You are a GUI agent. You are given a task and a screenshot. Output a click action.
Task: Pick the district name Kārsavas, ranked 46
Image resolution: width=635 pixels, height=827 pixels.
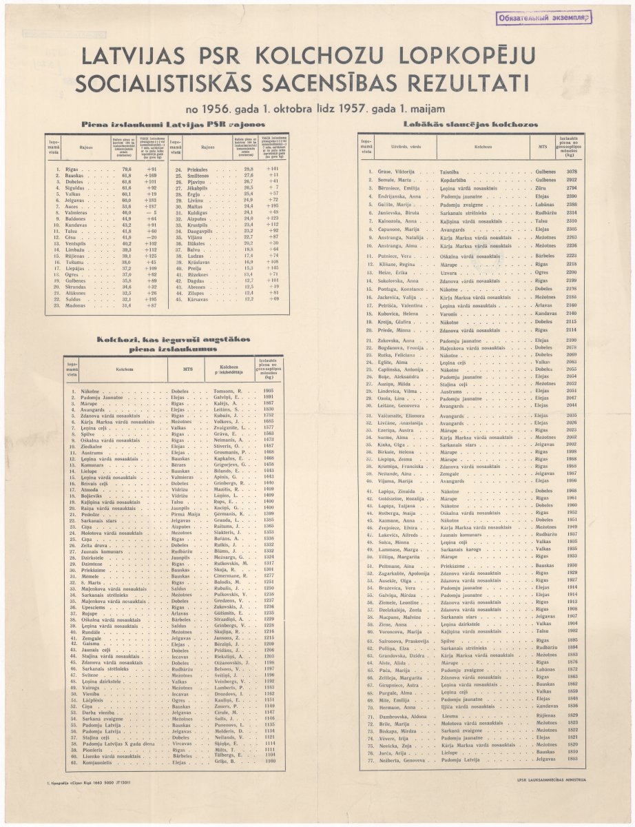tap(197, 298)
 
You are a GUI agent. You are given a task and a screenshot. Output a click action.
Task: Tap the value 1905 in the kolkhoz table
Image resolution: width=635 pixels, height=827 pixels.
tap(269, 391)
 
